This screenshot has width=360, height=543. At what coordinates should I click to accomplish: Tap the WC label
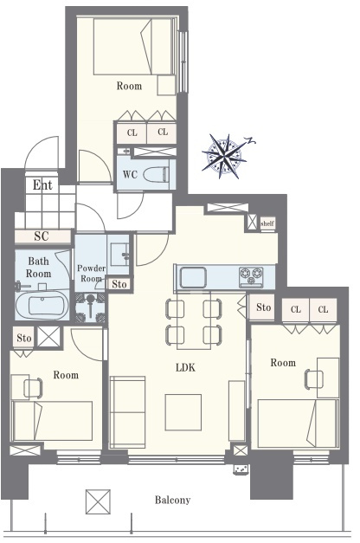130,175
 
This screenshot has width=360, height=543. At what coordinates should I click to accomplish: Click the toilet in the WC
156,173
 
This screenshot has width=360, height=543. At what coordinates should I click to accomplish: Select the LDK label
185,367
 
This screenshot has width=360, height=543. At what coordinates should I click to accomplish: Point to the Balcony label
172,500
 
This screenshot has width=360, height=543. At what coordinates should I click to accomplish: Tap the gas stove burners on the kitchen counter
251,277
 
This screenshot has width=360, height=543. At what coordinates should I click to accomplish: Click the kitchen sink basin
193,277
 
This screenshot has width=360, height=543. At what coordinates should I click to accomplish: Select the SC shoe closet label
42,236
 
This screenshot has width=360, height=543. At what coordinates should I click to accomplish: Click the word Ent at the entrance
42,185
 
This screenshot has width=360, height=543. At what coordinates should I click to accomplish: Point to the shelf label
267,223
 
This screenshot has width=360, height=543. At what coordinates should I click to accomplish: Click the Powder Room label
91,273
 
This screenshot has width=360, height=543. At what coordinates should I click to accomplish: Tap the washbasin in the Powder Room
119,255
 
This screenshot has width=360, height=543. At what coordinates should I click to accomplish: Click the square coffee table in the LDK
183,412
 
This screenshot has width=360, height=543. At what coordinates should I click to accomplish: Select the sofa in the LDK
127,411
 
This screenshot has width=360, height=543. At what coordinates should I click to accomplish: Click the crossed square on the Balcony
98,501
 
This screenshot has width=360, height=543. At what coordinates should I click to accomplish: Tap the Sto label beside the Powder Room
119,284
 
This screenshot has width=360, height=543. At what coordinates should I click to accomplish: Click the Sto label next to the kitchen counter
263,307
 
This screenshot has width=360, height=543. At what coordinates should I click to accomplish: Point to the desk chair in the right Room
313,379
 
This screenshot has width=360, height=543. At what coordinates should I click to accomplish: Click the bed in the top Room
133,47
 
